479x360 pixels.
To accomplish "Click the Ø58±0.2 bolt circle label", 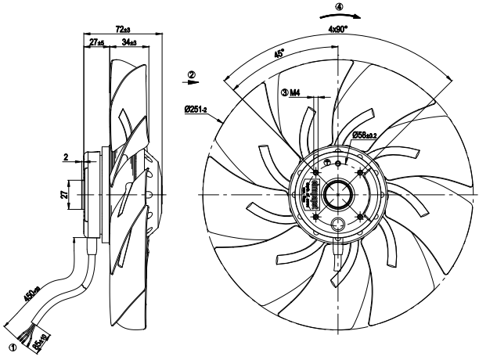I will pyautogui.click(x=369, y=135).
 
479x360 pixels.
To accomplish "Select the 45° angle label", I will pyautogui.click(x=279, y=56).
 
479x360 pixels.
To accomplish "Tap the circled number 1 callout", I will pyautogui.click(x=12, y=344).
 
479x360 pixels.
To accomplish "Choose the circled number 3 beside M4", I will pyautogui.click(x=284, y=92).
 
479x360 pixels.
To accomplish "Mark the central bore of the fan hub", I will pyautogui.click(x=338, y=193).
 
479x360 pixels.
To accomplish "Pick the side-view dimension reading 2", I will pyautogui.click(x=65, y=158).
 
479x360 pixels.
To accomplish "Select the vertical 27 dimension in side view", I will pyautogui.click(x=63, y=193).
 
